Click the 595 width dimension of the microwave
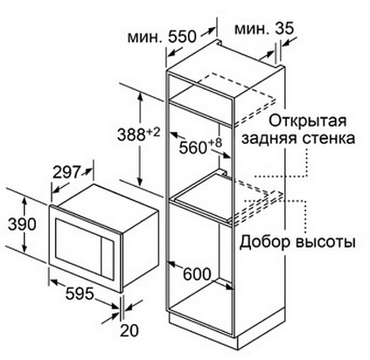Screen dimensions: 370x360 (80, 294)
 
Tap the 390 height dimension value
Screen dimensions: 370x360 (22, 224)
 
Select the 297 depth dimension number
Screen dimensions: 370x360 (67, 173)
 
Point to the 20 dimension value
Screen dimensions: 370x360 (129, 330)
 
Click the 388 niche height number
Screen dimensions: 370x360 (131, 135)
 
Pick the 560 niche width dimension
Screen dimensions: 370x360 (193, 148)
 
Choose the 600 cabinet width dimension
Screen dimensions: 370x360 (197, 274)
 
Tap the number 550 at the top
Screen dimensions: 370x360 (182, 37)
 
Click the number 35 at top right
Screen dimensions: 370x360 (285, 28)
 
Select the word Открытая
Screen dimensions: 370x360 (308, 121)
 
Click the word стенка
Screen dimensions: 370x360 (329, 139)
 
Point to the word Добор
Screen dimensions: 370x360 (265, 242)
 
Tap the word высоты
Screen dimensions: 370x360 (325, 242)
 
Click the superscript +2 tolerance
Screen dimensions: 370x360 (154, 132)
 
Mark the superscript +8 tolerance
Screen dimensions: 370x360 (215, 143)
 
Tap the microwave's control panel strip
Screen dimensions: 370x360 (108, 258)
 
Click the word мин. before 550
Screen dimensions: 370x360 (145, 37)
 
